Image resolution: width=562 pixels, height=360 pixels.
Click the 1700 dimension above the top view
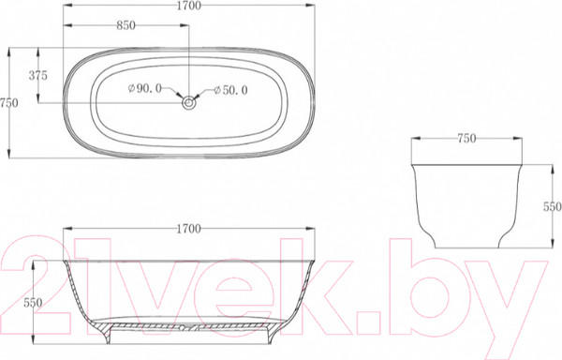189,6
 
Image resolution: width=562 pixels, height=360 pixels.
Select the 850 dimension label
126,25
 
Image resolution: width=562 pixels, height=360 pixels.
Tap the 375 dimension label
38,76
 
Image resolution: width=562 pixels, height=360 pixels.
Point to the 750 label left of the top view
9,103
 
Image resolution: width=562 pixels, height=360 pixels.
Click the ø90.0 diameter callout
145,88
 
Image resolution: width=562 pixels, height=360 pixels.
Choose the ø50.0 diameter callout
230,90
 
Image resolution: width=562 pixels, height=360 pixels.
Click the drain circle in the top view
188,103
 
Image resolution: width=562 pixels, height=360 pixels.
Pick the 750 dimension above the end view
466,139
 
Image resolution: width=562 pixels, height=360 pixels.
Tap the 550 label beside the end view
552,207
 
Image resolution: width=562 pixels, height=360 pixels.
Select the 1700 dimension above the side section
189,229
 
